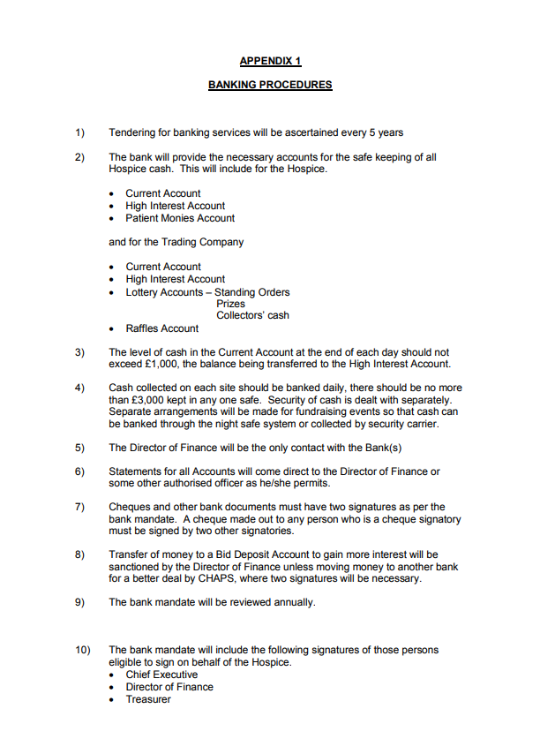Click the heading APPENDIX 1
pos(270,62)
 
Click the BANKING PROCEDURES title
pos(270,86)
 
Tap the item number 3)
pos(79,351)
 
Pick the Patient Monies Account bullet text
pos(180,218)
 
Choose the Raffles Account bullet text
pos(161,328)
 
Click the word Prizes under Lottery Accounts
pos(231,304)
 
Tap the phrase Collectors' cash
pos(252,316)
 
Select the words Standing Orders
pos(252,292)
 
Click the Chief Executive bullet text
pos(161,675)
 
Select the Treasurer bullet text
pos(148,699)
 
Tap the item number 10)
pos(82,650)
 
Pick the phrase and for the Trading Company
pos(176,242)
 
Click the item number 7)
pos(79,507)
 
